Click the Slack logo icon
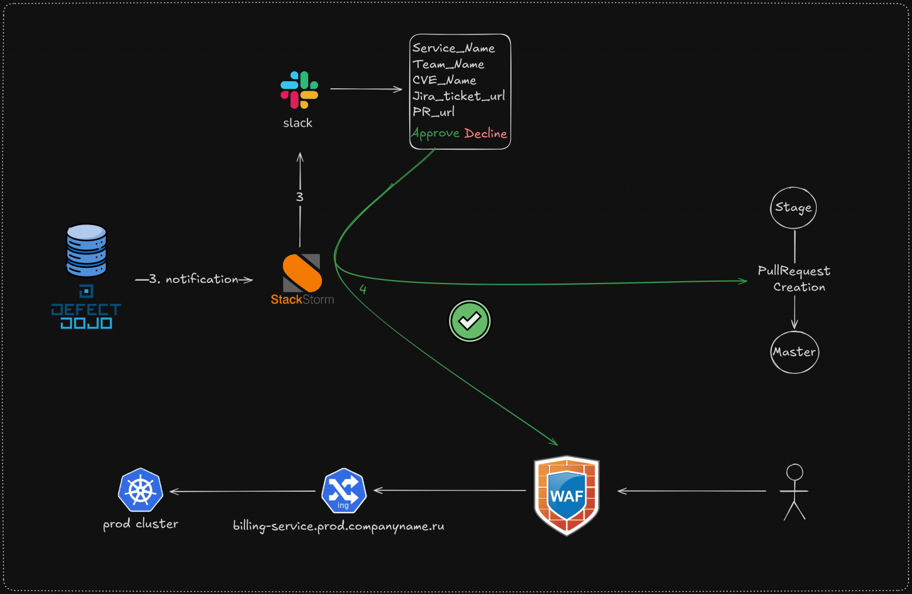pyautogui.click(x=299, y=90)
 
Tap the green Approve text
pyautogui.click(x=435, y=133)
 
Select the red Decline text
pyautogui.click(x=486, y=133)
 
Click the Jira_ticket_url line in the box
pyautogui.click(x=458, y=96)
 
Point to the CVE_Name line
pyautogui.click(x=444, y=80)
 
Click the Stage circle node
pyautogui.click(x=793, y=208)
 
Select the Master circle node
pyautogui.click(x=794, y=352)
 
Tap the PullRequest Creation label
pyautogui.click(x=794, y=279)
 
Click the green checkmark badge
pyautogui.click(x=469, y=321)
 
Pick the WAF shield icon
pyautogui.click(x=566, y=495)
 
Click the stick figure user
pyautogui.click(x=794, y=492)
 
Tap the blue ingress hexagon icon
pyautogui.click(x=344, y=491)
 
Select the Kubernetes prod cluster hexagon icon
pyautogui.click(x=140, y=490)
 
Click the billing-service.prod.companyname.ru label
pyautogui.click(x=338, y=526)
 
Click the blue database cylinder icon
pyautogui.click(x=87, y=250)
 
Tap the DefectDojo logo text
pyautogui.click(x=86, y=316)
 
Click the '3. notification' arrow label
pyautogui.click(x=194, y=279)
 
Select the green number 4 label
pyautogui.click(x=363, y=289)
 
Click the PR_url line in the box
pyautogui.click(x=433, y=112)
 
